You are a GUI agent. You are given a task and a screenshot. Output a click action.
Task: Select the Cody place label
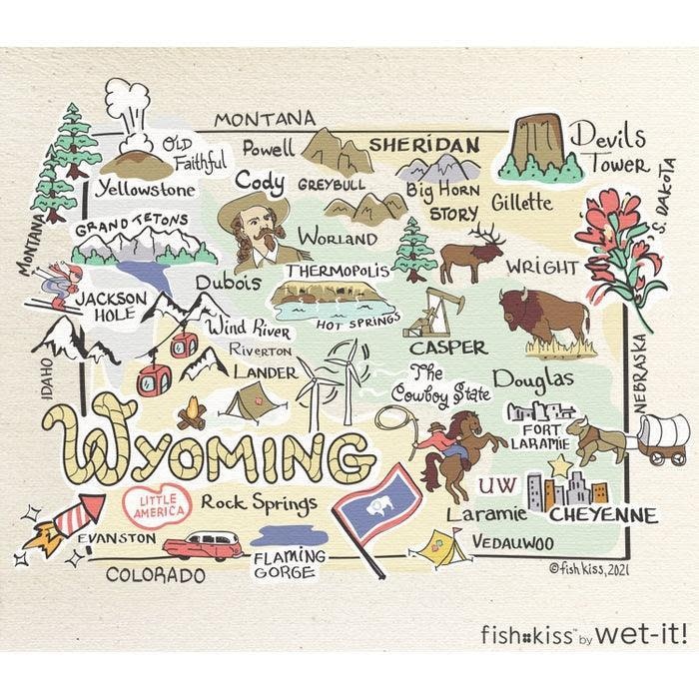(260, 183)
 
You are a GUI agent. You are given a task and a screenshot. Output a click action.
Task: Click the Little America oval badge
(156, 505)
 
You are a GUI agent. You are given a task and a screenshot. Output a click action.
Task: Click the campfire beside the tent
(191, 412)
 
